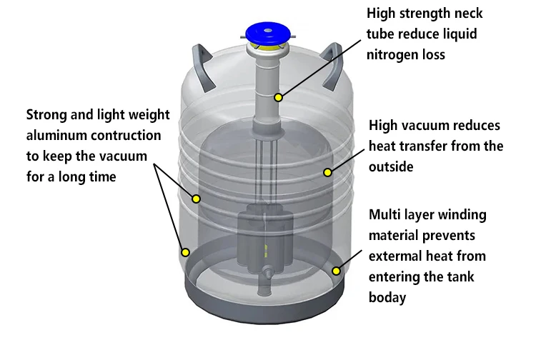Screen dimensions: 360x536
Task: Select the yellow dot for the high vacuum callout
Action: [327, 171]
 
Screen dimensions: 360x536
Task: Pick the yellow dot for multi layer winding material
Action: [336, 270]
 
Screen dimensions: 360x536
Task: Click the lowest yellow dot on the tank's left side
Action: [185, 251]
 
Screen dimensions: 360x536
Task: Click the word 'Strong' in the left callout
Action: [47, 114]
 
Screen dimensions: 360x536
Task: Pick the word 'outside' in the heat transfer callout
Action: [392, 167]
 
